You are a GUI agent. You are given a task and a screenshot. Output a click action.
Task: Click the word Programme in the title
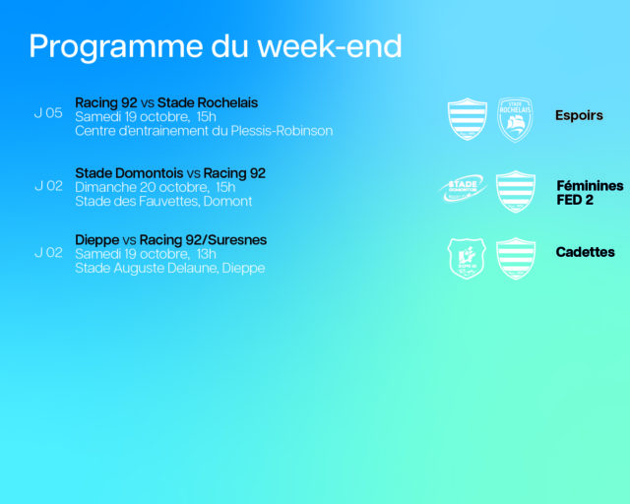tap(116, 47)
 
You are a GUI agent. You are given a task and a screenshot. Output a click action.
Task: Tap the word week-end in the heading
tap(330, 46)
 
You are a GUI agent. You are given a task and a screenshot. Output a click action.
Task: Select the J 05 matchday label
tap(48, 113)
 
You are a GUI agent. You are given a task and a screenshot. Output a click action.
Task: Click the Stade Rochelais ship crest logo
tap(515, 120)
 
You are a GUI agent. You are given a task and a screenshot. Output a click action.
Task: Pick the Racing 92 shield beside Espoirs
tap(468, 119)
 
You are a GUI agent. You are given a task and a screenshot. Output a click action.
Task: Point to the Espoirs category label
tap(579, 115)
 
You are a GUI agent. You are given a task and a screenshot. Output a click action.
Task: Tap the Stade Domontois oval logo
tap(464, 188)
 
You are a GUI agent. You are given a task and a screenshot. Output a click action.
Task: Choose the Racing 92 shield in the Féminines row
tap(516, 192)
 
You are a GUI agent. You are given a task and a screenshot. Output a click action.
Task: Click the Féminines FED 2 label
tap(590, 193)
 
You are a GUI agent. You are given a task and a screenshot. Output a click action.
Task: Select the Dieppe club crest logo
tap(467, 259)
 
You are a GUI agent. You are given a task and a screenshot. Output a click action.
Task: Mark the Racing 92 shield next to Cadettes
tap(516, 259)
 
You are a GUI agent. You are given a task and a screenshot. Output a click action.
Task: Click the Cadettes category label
tap(585, 252)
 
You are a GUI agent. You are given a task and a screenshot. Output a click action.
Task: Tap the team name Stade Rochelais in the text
tap(208, 103)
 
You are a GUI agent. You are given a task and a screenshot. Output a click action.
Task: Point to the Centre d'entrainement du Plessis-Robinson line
tap(204, 131)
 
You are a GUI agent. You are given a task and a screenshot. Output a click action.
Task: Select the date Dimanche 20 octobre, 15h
tap(156, 187)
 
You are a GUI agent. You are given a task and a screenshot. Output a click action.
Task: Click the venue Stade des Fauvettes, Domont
tap(163, 201)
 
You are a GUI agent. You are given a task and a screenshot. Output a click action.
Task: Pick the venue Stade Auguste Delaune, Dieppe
tap(170, 268)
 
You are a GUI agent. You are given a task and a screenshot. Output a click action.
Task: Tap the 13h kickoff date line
tap(146, 254)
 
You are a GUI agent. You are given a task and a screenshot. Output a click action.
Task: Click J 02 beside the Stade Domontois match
tap(48, 186)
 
